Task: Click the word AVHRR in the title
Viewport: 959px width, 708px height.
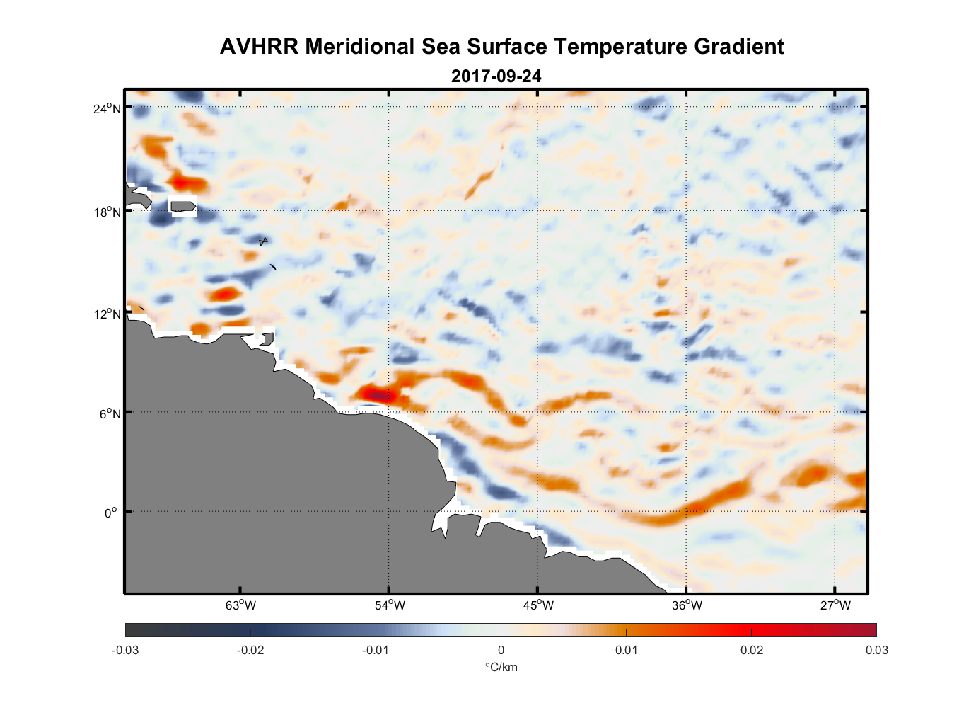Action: click(260, 47)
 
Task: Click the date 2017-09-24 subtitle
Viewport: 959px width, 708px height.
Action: click(496, 76)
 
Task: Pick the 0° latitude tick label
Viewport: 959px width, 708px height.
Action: click(111, 513)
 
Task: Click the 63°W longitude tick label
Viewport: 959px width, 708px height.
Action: click(240, 605)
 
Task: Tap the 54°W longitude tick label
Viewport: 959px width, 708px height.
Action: click(390, 605)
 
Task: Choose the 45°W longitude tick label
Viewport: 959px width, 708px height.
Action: click(538, 605)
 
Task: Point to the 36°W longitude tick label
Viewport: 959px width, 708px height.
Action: click(687, 605)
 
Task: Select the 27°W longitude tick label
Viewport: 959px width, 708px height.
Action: click(835, 605)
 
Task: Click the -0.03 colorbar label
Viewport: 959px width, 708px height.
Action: click(125, 651)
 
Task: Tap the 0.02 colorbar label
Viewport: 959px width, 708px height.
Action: click(752, 651)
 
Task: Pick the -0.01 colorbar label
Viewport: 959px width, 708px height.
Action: click(375, 651)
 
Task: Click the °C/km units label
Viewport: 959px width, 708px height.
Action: click(501, 667)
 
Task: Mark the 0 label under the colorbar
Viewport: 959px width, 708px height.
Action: click(501, 651)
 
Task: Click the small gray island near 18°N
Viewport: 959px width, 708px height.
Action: click(183, 207)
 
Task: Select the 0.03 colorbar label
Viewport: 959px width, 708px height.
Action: click(876, 651)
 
